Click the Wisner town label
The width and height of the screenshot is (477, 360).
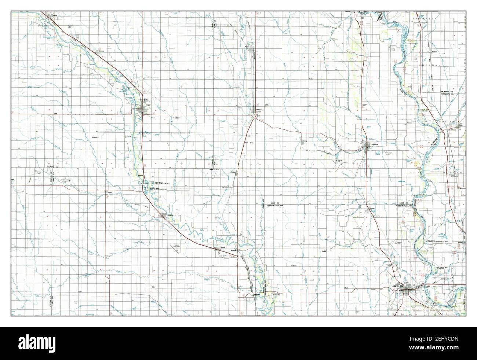coord(55,16)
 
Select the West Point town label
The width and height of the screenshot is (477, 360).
coord(146,99)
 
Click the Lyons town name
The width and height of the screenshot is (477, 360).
coord(248,47)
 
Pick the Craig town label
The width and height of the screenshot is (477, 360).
coord(304,140)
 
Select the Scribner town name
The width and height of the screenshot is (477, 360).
coord(170,215)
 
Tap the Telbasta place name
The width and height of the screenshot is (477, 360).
coord(294,265)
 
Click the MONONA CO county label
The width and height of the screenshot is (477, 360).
coord(447,91)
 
